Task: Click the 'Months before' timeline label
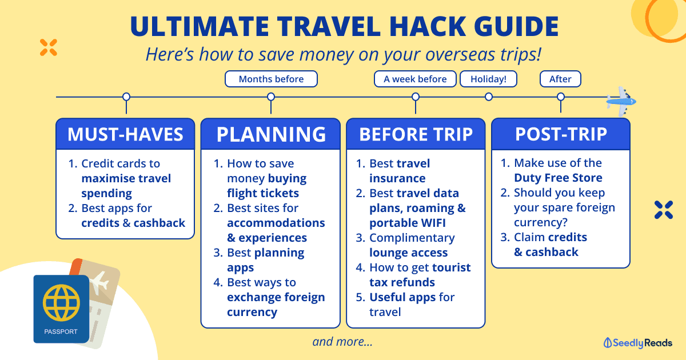tap(271, 79)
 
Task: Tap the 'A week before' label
tap(415, 79)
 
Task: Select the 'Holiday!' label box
tap(488, 79)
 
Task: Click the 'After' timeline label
tap(560, 79)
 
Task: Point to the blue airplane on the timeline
tap(621, 101)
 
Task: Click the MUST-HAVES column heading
tap(125, 134)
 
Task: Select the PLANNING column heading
tap(271, 134)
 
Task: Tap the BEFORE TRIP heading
tap(416, 134)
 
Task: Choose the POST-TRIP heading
tap(561, 134)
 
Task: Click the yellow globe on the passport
tap(61, 303)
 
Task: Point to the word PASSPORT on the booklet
tap(61, 331)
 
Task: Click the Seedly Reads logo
tap(637, 343)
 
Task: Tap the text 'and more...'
tap(342, 342)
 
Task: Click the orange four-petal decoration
tap(49, 47)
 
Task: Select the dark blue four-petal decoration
tap(664, 210)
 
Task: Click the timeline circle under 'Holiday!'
tap(489, 97)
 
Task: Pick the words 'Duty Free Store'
tap(558, 178)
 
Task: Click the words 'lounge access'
tap(409, 253)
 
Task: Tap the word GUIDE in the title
tap(516, 26)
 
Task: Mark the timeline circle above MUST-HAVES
tap(126, 97)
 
